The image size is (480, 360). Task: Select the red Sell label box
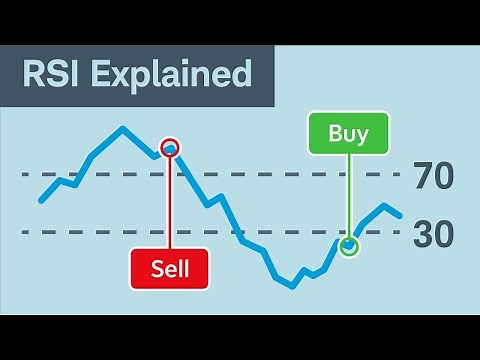170,268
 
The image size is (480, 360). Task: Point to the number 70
433,176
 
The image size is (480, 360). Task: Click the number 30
433,235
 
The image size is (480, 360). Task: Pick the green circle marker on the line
348,246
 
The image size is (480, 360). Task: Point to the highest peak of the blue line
122,128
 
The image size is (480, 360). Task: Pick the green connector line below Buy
348,200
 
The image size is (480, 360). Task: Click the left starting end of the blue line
41,200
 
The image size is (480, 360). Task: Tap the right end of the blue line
400,215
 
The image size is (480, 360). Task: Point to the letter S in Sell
156,268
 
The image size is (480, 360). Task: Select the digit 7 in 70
423,176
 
